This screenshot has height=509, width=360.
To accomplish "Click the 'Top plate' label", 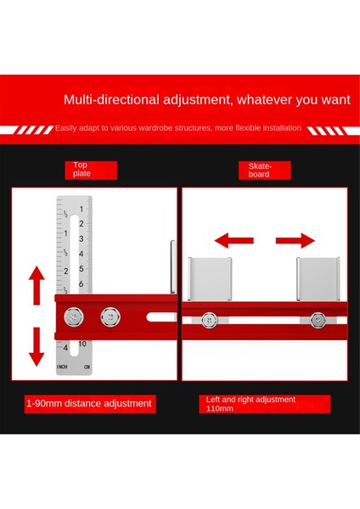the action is coord(82,169).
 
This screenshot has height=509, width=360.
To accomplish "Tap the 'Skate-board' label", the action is coord(260,171).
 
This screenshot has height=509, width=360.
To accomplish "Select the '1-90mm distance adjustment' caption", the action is coord(89,404).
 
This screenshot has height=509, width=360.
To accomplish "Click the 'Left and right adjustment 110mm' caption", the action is coord(250,404).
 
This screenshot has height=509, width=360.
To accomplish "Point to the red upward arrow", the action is coord(37,285).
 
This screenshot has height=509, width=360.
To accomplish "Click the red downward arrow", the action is coord(37,346).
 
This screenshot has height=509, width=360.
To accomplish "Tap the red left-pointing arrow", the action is coord(233,241).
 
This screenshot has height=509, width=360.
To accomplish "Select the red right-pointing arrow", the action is coord(295,241).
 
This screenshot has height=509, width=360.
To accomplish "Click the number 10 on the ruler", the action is coord(82,344).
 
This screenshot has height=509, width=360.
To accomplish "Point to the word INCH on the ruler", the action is coord(62,366).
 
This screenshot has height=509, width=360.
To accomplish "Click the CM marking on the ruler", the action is coord(87,366).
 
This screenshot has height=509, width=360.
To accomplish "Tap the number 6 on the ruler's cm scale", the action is coord(81,283).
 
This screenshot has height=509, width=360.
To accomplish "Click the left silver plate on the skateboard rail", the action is coord(210,279).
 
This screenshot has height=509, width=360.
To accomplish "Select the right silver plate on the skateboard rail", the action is coord(318,279).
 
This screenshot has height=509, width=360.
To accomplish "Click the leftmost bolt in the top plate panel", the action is coord(74,316).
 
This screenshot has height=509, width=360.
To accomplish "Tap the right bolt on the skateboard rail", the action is coord(318,320).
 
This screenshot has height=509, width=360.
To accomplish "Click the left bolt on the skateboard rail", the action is coord(209,320).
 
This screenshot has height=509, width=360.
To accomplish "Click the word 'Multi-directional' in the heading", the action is coord(112,99).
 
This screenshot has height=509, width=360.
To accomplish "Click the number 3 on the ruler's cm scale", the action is coord(81,239).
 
